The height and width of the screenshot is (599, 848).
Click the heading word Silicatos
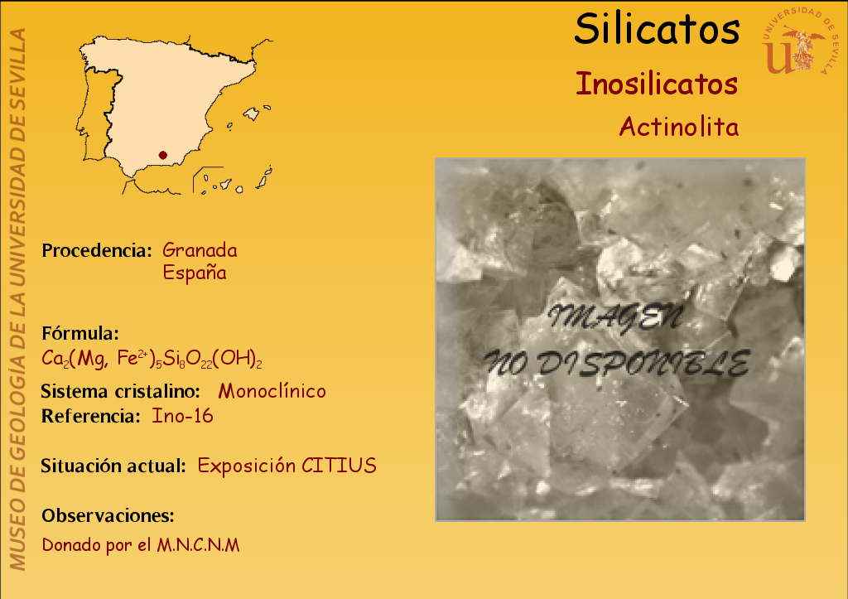tap(657, 28)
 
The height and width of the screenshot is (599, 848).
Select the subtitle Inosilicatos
tap(657, 84)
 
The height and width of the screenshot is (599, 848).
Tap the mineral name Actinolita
tap(679, 127)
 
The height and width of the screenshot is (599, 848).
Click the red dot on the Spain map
tap(163, 155)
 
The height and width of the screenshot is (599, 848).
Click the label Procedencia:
tap(97, 250)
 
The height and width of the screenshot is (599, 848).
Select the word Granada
tap(200, 250)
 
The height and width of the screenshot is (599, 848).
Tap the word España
tap(195, 272)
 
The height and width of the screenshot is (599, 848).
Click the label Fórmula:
tap(80, 333)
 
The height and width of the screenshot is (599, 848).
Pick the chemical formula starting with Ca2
tap(152, 359)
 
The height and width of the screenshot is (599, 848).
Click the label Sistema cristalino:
tap(121, 391)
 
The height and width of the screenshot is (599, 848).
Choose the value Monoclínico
tap(272, 391)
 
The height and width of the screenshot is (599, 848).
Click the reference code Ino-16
tap(182, 416)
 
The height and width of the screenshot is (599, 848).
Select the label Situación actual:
tap(113, 466)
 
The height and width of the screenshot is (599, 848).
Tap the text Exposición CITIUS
tap(287, 466)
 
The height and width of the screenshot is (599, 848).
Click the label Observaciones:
tap(108, 515)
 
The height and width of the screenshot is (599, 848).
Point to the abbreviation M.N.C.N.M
tap(198, 545)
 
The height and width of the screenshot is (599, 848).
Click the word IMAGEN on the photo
tap(615, 317)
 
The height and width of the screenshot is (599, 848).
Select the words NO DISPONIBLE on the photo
tap(616, 364)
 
